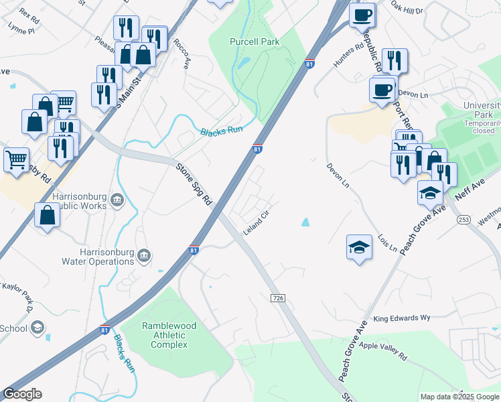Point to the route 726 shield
tap(275, 297)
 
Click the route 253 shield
tap(463, 219)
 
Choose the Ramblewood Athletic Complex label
tap(169, 335)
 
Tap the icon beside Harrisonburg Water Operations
tap(143, 256)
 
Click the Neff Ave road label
tap(469, 188)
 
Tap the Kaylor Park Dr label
tap(19, 295)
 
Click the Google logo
tap(22, 394)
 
